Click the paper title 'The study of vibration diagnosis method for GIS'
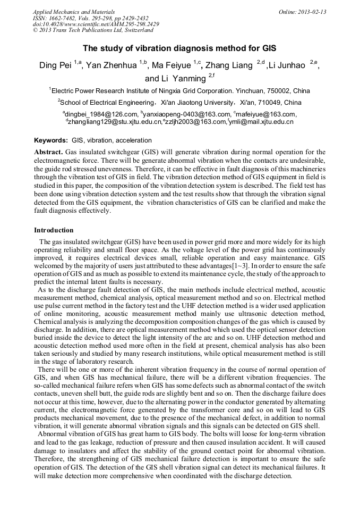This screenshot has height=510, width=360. click(179, 48)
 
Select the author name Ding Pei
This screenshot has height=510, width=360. click(56, 65)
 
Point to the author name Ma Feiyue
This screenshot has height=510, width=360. click(172, 65)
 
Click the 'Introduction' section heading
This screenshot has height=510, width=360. click(54, 230)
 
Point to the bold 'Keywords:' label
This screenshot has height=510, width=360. click(51, 141)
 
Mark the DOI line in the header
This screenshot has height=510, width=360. click(96, 24)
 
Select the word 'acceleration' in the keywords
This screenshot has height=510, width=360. click(133, 141)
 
